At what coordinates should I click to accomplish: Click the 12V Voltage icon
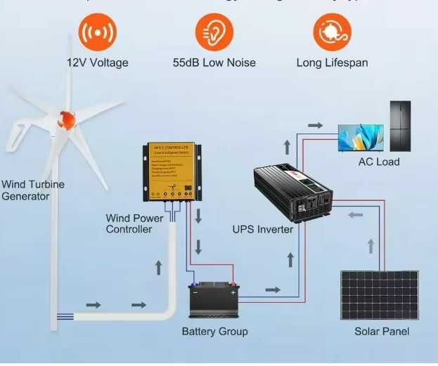point(97,32)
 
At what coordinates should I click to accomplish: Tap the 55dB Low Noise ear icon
point(214,32)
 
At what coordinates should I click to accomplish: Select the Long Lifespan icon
point(332,32)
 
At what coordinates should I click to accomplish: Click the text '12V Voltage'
point(98,63)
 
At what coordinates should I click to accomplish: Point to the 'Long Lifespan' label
point(332,63)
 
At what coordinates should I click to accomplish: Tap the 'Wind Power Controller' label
point(134,223)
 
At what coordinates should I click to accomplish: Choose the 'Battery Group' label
point(214,331)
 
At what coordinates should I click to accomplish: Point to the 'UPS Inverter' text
point(263,230)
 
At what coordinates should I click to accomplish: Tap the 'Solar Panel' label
point(381,331)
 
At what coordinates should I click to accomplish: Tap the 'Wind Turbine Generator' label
point(32,190)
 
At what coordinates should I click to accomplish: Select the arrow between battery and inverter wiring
point(271,289)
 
